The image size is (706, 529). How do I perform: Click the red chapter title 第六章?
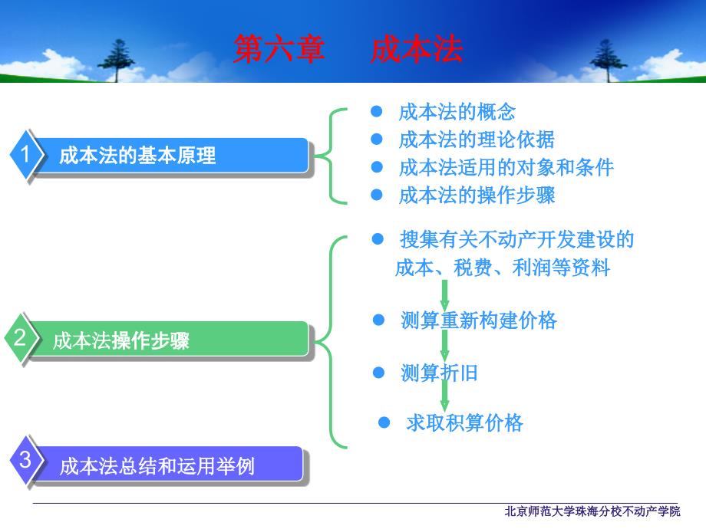279,49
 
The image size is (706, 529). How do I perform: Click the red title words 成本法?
417,49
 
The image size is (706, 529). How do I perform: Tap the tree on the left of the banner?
116,61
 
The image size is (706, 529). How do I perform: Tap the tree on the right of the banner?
608,61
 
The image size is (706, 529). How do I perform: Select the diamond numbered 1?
26,154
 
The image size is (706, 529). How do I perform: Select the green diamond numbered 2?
21,338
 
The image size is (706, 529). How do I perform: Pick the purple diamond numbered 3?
26,460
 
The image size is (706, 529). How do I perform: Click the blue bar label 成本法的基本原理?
137,156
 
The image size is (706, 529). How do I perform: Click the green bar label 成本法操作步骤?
121,340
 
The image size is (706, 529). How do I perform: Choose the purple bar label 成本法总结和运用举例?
157,466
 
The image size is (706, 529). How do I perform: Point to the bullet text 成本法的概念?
457,112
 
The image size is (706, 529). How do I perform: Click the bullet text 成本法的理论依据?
477,140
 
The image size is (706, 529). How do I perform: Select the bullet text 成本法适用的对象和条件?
506,167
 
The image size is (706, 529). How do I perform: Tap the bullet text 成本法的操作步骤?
477,195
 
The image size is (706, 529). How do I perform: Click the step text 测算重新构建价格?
479,320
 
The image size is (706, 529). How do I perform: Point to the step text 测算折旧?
439,373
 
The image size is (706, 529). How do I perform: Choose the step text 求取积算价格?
465,423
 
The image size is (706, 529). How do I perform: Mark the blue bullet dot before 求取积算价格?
384,422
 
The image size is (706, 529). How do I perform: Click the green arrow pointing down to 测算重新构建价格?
444,295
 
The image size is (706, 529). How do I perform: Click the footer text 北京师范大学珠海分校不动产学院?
592,511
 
